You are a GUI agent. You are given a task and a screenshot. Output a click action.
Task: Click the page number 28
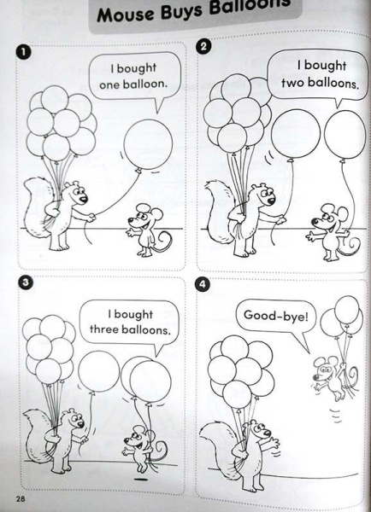pos(20,498)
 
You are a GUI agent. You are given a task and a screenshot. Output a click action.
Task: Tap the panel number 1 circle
pos(23,52)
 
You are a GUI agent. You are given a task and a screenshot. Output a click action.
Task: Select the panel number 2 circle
pos(203,46)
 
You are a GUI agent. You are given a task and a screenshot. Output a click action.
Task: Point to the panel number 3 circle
pos(25,282)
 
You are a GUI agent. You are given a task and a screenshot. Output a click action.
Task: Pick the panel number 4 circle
pos(203,284)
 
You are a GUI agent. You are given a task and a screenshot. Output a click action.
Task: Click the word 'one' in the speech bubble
pos(109,85)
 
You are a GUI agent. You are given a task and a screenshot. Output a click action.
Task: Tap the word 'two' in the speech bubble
pos(292,83)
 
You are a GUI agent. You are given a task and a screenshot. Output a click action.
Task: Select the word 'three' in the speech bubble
pos(104,329)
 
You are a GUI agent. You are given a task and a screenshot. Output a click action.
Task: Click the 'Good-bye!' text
pos(276,316)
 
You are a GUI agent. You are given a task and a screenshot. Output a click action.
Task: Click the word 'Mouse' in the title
pos(126,15)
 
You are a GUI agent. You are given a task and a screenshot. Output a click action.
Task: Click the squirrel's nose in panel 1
pos(84,199)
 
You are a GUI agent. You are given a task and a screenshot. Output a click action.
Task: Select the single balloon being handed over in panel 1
pos(148,144)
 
